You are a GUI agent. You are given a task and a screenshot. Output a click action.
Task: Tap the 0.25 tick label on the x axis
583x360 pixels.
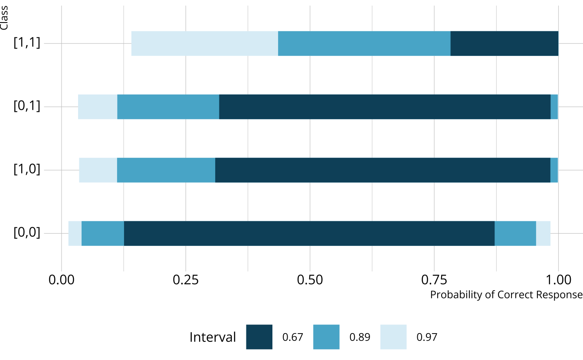pos(186,280)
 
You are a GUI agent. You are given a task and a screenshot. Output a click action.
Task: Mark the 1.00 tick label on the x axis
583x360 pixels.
pos(558,280)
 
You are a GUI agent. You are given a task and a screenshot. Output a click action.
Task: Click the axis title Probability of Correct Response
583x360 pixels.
pos(506,295)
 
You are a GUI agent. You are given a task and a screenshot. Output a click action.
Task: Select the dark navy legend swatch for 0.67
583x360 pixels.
pos(259,337)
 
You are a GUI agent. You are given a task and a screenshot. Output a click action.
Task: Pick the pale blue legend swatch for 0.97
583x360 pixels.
pos(393,337)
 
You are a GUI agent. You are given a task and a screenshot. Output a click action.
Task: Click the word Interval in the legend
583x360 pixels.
pos(213,337)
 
